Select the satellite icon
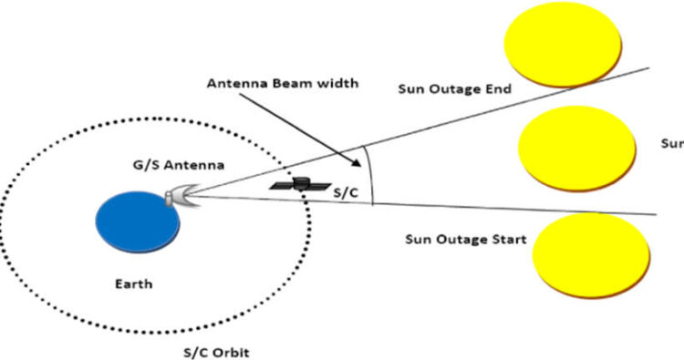[301, 184]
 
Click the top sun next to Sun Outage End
[563, 42]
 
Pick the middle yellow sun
[576, 143]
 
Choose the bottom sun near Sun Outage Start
[591, 252]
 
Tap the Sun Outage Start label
[465, 240]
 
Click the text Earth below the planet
[134, 284]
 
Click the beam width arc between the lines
[371, 173]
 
